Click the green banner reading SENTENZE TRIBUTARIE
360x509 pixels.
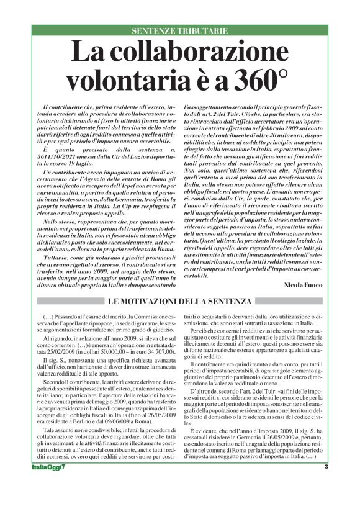point(179,30)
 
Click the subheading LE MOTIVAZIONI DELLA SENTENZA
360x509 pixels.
point(179,302)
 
